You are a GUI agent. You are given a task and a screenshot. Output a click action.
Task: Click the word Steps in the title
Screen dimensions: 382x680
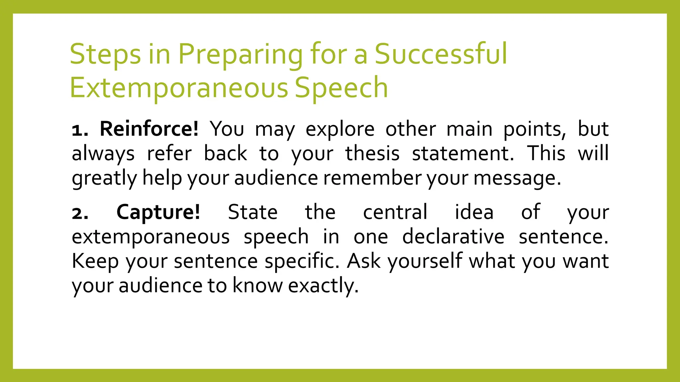(x=105, y=54)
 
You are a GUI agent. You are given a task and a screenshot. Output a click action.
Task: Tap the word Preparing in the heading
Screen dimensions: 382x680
(x=240, y=54)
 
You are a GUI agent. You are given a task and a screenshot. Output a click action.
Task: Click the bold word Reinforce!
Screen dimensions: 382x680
(x=149, y=129)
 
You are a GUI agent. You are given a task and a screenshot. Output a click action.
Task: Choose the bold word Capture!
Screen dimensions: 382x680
(x=158, y=212)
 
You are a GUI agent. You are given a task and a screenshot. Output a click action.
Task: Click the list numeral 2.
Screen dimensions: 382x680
(x=80, y=213)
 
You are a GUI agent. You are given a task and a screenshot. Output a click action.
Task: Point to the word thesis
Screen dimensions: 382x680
(x=372, y=154)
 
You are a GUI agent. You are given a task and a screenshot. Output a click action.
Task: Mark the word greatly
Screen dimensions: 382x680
(x=104, y=178)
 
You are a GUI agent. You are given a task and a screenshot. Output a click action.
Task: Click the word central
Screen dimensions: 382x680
(x=395, y=212)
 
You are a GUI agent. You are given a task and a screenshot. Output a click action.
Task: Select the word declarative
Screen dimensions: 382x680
(x=453, y=237)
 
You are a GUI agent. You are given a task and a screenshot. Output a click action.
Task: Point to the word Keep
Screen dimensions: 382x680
(x=95, y=261)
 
